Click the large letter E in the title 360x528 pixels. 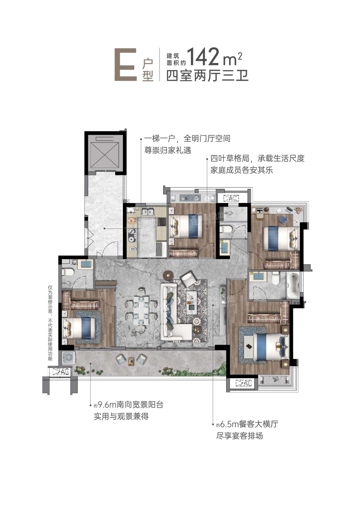(x=125, y=64)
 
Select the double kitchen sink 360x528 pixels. (x=148, y=211)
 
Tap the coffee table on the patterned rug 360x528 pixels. (x=192, y=303)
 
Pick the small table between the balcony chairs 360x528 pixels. (x=131, y=361)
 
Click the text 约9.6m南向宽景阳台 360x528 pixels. (x=128, y=405)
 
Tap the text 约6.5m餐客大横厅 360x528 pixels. (x=247, y=424)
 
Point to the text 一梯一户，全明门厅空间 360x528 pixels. (x=187, y=138)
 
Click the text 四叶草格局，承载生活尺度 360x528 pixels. (x=257, y=158)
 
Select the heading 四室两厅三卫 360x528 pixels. (x=207, y=75)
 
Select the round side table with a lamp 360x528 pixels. (x=168, y=275)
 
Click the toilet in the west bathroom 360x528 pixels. (x=68, y=272)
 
